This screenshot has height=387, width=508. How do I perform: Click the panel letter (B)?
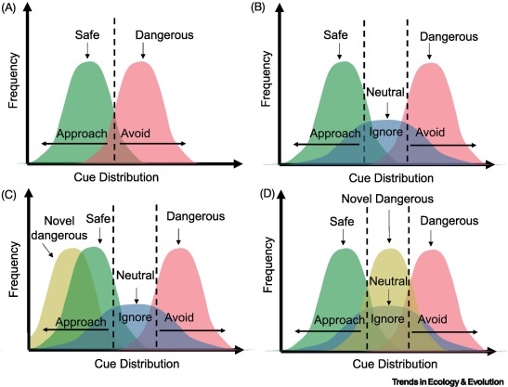point(267,10)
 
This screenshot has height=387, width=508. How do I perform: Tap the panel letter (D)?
point(267,197)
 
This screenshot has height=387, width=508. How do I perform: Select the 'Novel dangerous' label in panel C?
point(59,228)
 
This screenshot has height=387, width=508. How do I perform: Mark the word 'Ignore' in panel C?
point(135,318)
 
